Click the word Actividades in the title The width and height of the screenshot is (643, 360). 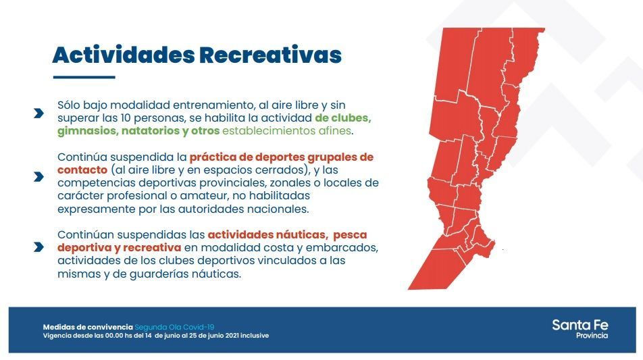124,55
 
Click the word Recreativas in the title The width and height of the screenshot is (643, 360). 271,55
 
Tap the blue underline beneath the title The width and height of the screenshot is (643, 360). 84,77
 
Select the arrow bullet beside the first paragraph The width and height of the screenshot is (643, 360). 39,113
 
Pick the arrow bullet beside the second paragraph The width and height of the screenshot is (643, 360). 39,177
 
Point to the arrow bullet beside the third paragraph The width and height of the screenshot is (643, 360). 39,247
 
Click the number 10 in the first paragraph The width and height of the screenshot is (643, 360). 126,118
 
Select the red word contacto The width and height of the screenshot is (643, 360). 82,170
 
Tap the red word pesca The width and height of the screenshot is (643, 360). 350,235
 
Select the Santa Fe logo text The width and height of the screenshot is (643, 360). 580,325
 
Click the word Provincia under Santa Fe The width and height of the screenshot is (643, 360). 592,336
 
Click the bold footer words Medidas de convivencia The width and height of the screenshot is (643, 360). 88,327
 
